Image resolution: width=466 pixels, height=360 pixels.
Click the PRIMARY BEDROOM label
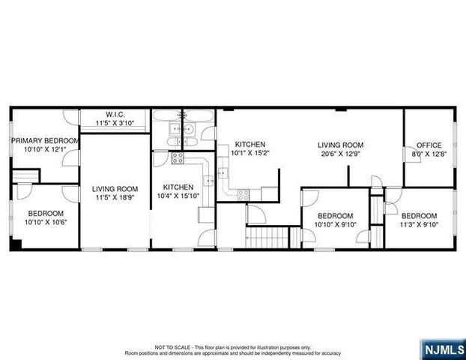point(44,140)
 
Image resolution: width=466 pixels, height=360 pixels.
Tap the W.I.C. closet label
point(115,115)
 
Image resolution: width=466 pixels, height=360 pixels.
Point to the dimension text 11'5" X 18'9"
point(115,198)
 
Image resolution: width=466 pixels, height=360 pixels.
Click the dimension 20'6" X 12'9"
point(340,154)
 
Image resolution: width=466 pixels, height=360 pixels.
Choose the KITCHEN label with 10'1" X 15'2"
point(249,144)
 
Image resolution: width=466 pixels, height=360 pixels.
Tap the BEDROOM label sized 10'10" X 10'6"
point(44,214)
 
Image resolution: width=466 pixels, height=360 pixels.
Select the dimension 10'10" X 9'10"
point(335,223)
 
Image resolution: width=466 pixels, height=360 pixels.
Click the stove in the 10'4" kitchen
point(178,157)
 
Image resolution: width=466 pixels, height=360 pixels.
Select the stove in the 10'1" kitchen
point(244,195)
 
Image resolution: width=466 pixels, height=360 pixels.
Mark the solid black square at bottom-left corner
point(13,245)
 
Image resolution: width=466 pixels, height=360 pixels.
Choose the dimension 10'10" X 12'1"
point(44,149)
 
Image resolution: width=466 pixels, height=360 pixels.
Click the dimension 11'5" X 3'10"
point(115,123)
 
